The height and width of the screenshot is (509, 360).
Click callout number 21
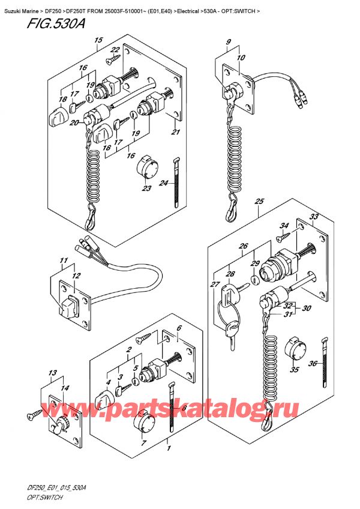(x=175, y=133)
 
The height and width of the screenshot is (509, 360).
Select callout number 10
(x=242, y=58)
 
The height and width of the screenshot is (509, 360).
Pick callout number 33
(x=314, y=217)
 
